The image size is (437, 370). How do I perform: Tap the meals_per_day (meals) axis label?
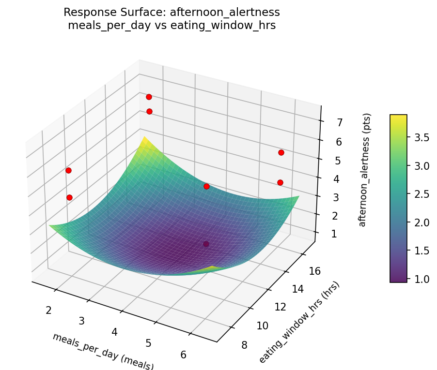(103, 351)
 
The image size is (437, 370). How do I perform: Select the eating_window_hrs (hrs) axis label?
(299, 322)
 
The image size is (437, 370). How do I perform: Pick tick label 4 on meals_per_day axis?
(115, 332)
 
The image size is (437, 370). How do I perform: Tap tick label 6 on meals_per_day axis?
(183, 355)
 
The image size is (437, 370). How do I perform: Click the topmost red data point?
(149, 97)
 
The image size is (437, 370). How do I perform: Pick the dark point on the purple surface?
(206, 244)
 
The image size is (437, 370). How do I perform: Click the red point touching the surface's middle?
(206, 186)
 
